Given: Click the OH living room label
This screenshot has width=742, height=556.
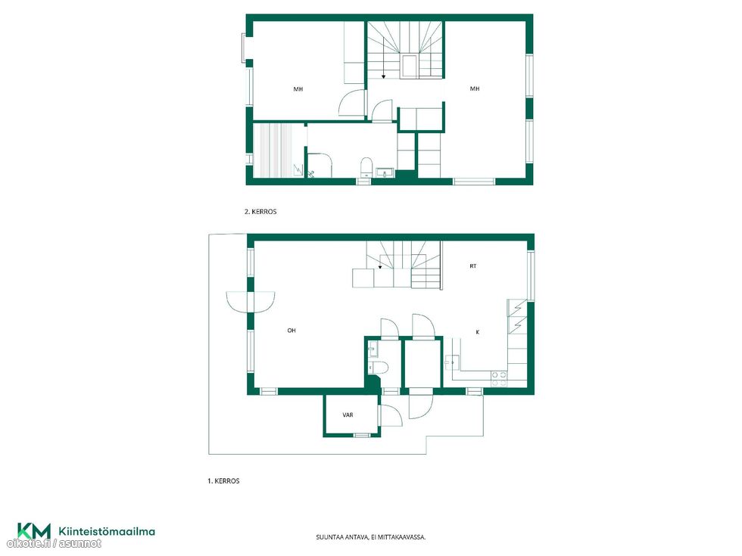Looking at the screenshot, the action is (x=291, y=331).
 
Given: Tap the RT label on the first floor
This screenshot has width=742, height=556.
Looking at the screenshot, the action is (x=472, y=266).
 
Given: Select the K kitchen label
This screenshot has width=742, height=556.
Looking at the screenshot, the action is (x=478, y=332).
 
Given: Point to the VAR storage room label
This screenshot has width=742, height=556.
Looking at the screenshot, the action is (x=348, y=415).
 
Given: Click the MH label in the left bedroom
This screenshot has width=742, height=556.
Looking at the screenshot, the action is (x=298, y=89).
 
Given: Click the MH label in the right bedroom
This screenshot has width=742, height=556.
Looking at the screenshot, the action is (x=475, y=89).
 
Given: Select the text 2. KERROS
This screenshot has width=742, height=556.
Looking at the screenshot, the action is (x=260, y=212).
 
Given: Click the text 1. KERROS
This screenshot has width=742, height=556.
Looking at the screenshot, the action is (x=223, y=481).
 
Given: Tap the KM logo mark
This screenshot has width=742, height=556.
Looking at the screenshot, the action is (x=33, y=530).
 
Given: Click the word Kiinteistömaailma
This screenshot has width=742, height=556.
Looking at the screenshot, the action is (x=107, y=531).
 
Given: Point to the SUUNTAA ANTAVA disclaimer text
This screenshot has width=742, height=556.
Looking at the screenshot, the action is (x=370, y=537).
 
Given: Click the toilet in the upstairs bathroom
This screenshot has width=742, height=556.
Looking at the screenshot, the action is (x=366, y=167).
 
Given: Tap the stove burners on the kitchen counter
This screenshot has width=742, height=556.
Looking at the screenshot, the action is (x=499, y=379).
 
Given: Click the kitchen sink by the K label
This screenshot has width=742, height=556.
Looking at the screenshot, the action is (x=450, y=362).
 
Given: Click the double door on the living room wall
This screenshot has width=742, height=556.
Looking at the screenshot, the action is (x=251, y=302).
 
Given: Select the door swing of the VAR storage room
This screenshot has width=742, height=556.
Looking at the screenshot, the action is (x=391, y=415).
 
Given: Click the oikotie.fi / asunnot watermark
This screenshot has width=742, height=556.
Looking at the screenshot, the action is (x=54, y=544).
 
